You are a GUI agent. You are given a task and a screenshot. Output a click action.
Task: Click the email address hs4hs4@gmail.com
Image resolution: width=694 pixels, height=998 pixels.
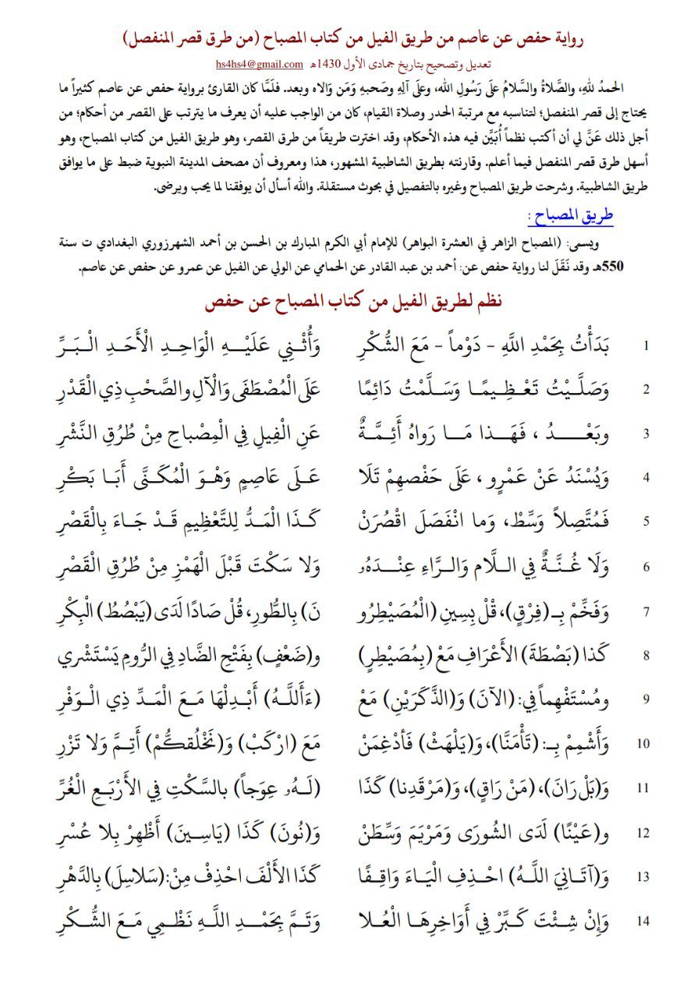coord(260,60)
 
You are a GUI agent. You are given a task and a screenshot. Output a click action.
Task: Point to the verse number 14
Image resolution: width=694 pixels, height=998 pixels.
coord(643,921)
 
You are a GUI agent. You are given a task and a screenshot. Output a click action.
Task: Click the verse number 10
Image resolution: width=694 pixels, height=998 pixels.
coord(643,743)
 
